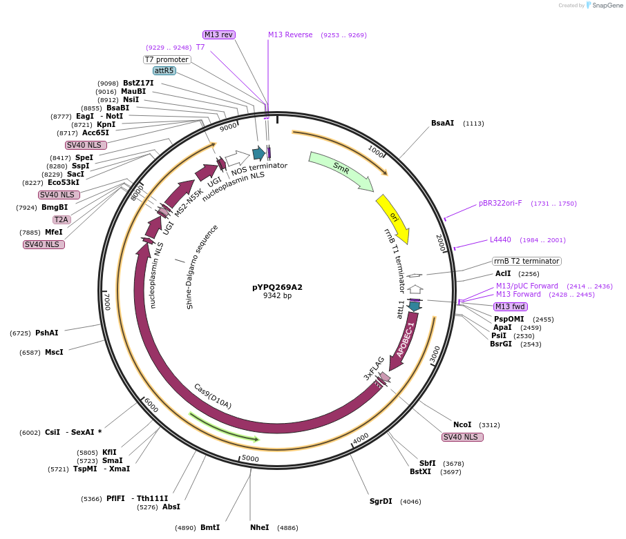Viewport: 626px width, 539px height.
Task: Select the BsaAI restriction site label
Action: pyautogui.click(x=442, y=124)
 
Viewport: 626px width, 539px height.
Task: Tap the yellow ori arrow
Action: pyautogui.click(x=394, y=217)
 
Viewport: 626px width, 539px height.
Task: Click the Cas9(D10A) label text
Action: pyautogui.click(x=213, y=396)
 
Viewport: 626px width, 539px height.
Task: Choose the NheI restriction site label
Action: pyautogui.click(x=260, y=527)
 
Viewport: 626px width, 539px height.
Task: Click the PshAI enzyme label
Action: pyautogui.click(x=47, y=333)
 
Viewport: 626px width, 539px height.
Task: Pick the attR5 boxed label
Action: pyautogui.click(x=164, y=70)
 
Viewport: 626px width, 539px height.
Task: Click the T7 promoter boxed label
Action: pyautogui.click(x=167, y=59)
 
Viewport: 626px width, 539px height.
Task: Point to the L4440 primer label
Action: pyautogui.click(x=500, y=239)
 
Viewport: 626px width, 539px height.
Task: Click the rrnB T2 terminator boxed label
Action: pyautogui.click(x=527, y=261)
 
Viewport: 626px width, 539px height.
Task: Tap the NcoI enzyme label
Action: pyautogui.click(x=462, y=424)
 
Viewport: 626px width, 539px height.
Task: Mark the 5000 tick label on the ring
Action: pyautogui.click(x=250, y=458)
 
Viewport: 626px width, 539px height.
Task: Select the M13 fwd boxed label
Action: pyautogui.click(x=511, y=306)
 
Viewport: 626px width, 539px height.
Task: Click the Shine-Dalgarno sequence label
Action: pyautogui.click(x=202, y=266)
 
